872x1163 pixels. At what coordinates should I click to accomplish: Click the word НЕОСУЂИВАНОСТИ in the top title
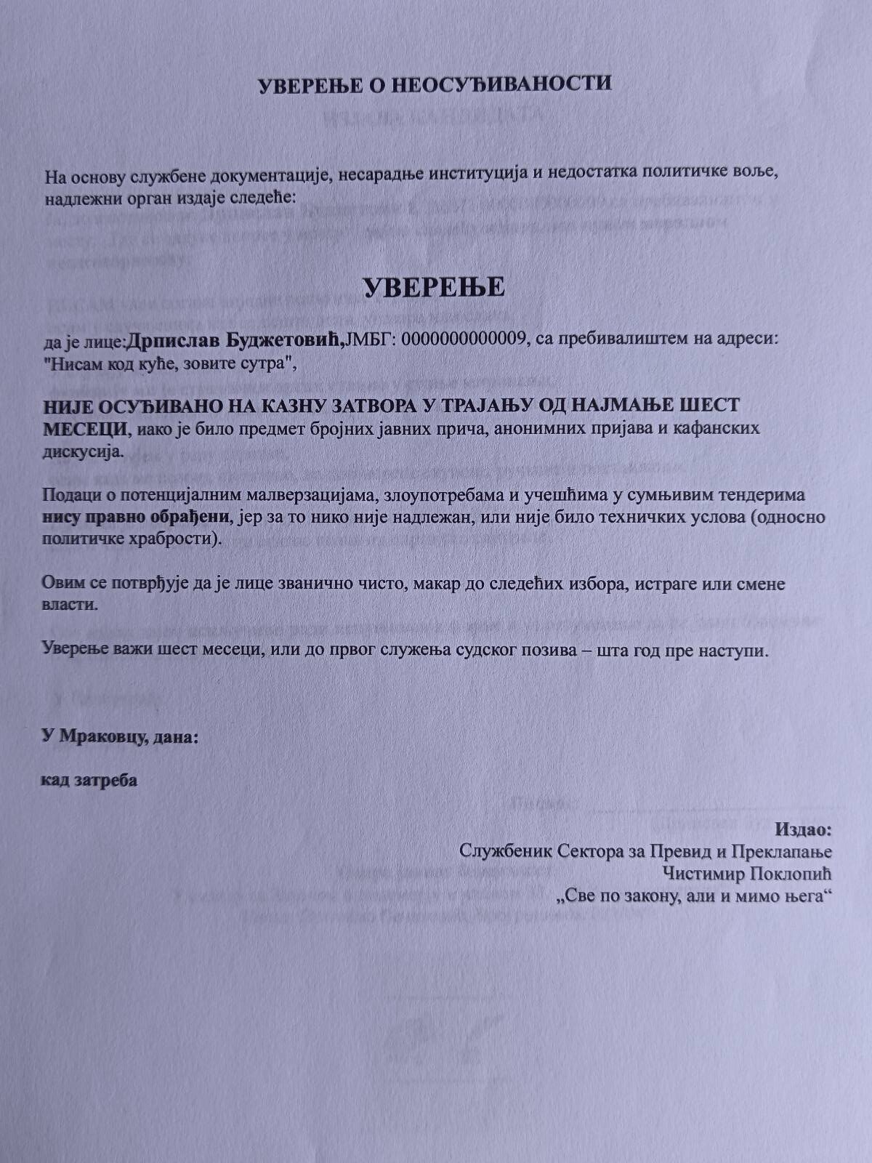[x=501, y=84]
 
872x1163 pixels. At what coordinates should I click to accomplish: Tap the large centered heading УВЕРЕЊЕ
[x=434, y=287]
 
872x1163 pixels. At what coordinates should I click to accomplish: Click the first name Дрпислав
[x=173, y=339]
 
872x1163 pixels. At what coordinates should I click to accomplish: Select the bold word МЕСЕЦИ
[x=85, y=427]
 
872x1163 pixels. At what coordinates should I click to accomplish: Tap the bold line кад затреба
[x=89, y=781]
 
